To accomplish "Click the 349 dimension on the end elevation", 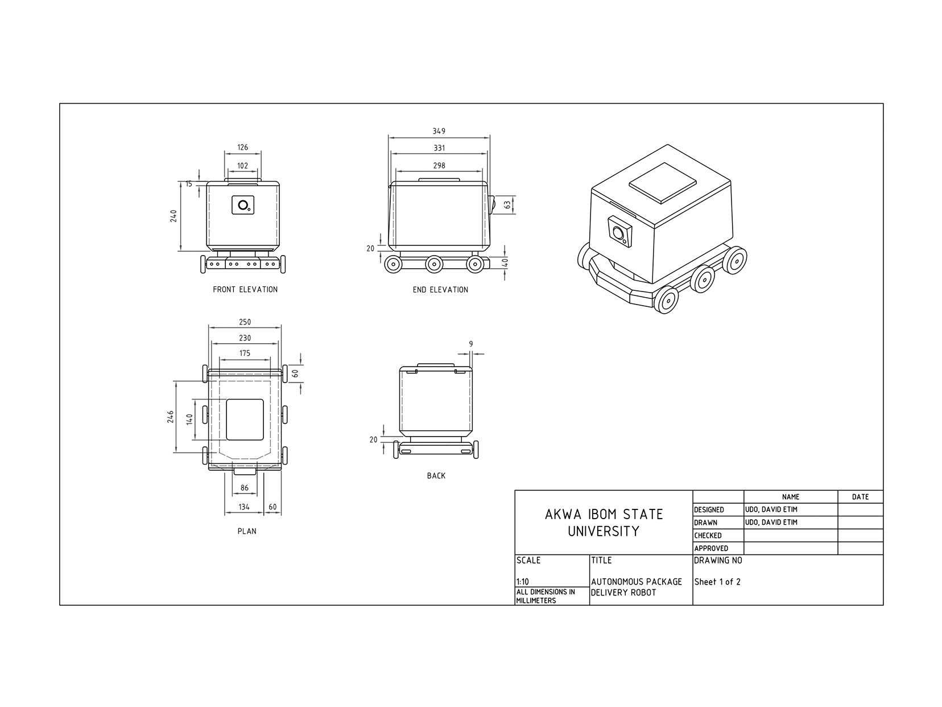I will [x=439, y=131].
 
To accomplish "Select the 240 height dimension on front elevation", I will [x=174, y=216].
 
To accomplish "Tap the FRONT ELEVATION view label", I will [x=245, y=289].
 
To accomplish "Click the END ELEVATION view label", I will [x=440, y=290].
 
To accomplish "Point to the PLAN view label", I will [x=247, y=531].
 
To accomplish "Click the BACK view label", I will [x=436, y=476].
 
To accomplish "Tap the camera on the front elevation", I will [x=243, y=205].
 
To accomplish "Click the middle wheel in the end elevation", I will [x=434, y=264].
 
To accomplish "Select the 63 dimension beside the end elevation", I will [x=507, y=204].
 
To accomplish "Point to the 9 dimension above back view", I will [x=471, y=344].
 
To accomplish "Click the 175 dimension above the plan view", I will [x=245, y=353].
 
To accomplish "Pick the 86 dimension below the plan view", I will [x=245, y=488].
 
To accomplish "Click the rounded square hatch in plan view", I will [x=245, y=420].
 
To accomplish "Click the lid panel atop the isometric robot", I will [x=663, y=183].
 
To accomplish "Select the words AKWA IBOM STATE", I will [x=604, y=515].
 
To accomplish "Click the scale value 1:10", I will [x=522, y=582].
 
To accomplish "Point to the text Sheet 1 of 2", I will [x=717, y=582].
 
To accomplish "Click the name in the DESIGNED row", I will [x=771, y=509].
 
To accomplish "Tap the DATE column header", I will [x=860, y=497].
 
